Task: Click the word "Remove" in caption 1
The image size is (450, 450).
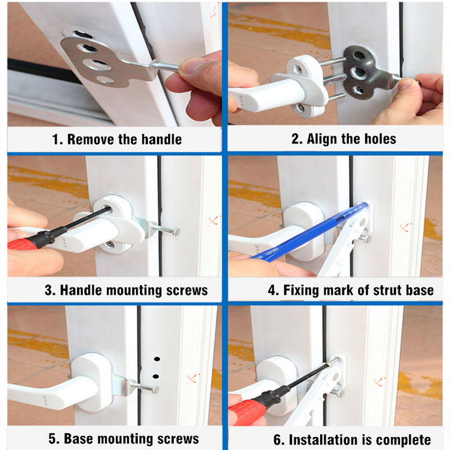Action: (x=91, y=139)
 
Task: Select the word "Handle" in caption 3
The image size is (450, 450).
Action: (x=81, y=290)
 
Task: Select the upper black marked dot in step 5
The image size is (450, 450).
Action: (x=157, y=359)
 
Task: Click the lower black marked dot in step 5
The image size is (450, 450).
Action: (x=156, y=376)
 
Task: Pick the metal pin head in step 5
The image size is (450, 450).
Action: (x=155, y=389)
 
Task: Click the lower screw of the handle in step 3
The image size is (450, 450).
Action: (x=109, y=245)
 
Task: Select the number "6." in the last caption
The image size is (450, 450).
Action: (x=278, y=440)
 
